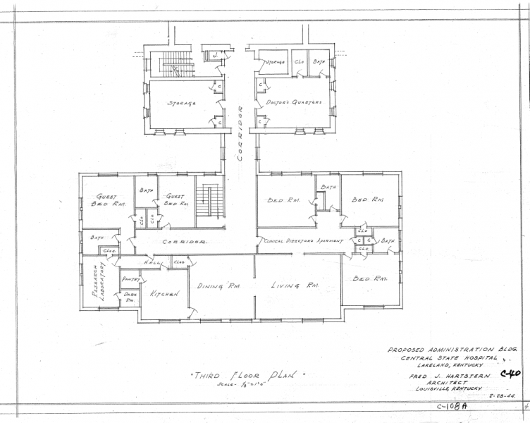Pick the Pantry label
point(131,280)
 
